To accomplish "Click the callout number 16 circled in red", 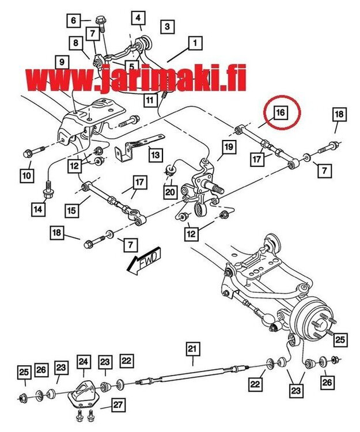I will point(279,112).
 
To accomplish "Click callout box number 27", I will point(118,405).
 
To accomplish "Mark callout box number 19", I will point(228,147).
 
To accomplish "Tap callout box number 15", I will point(71,211).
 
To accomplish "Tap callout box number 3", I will point(166,26).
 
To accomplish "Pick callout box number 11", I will point(150,100).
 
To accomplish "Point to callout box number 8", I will point(75,42).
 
